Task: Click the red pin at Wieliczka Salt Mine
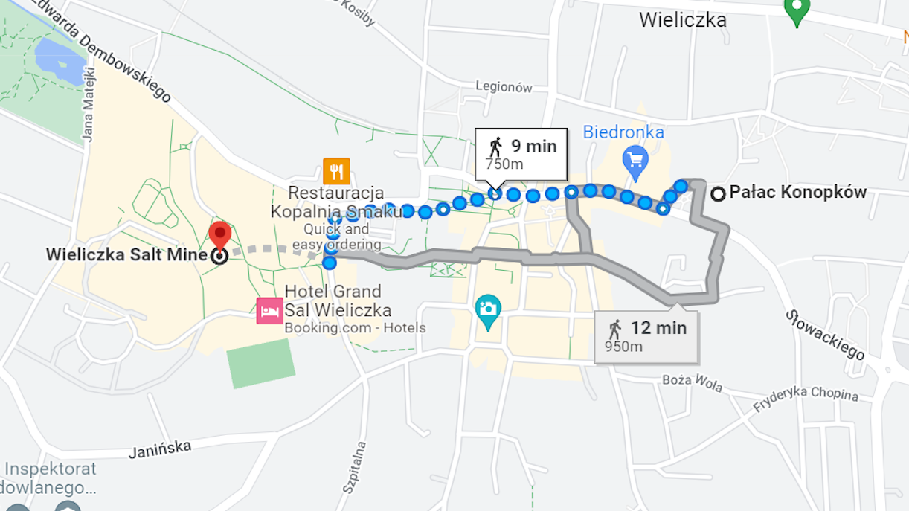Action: coord(219,234)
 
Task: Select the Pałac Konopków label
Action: coord(797,193)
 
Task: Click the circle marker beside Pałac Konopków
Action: coord(718,194)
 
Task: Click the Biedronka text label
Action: coord(623,132)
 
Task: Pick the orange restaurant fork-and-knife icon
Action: coord(336,171)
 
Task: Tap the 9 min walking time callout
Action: coord(522,153)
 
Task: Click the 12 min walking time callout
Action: coord(646,335)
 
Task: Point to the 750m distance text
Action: coord(504,164)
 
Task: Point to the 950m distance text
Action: coord(623,347)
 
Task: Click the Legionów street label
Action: coord(504,87)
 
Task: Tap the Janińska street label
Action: coord(160,449)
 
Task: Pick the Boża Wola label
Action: coord(692,381)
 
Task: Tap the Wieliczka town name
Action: coord(682,20)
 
